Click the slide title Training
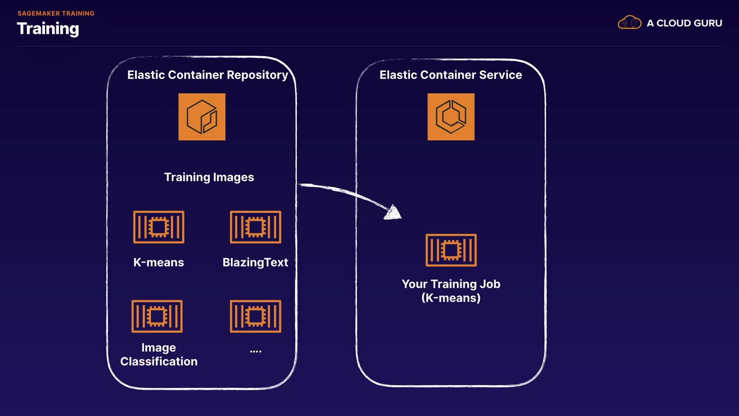coord(48,29)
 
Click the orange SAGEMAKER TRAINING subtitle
coord(56,13)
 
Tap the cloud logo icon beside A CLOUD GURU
coord(629,23)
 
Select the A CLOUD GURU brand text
coord(684,23)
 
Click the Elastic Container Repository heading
coord(207,75)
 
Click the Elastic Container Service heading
coord(451,75)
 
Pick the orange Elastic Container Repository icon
coord(202,117)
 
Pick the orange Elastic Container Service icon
coord(451,117)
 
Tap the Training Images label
coord(209,177)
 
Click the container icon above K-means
coord(159,227)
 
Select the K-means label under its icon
coord(159,262)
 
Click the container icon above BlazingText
coord(256,227)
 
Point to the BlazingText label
coord(255,262)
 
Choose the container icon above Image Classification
coord(157,316)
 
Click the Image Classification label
coord(159,355)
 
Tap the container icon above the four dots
coord(256,316)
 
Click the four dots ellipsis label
coord(256,351)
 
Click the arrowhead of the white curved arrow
coord(394,213)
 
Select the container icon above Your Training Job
coord(451,250)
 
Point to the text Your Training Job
coord(451,284)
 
